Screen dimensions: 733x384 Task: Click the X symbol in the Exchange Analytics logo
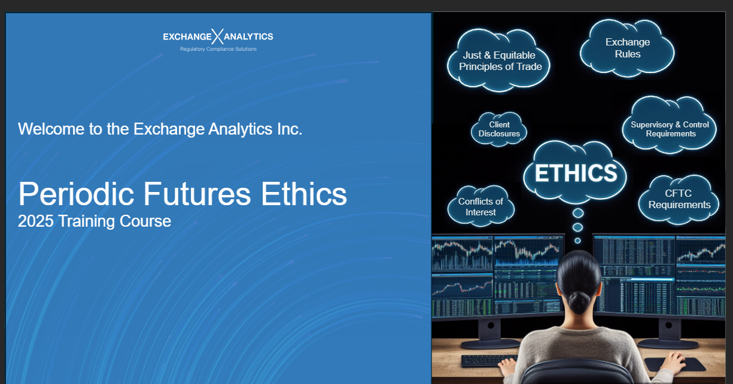point(217,36)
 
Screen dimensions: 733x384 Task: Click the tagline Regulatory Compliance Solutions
point(218,49)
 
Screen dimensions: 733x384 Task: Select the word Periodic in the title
point(76,194)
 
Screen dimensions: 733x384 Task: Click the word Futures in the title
point(197,194)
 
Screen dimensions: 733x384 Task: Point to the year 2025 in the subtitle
point(35,221)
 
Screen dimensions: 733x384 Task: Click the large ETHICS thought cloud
point(575,172)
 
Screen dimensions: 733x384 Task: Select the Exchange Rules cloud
point(627,48)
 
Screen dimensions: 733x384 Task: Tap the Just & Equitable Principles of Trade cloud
point(498,61)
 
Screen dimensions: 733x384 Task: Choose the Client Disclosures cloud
point(499,129)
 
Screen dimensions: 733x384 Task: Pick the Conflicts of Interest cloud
point(480,206)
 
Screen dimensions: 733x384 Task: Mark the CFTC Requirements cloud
point(679,200)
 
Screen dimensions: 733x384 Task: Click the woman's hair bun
point(579,302)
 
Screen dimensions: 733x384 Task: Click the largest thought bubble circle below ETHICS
point(578,214)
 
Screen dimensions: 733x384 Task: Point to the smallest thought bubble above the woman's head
point(577,240)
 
